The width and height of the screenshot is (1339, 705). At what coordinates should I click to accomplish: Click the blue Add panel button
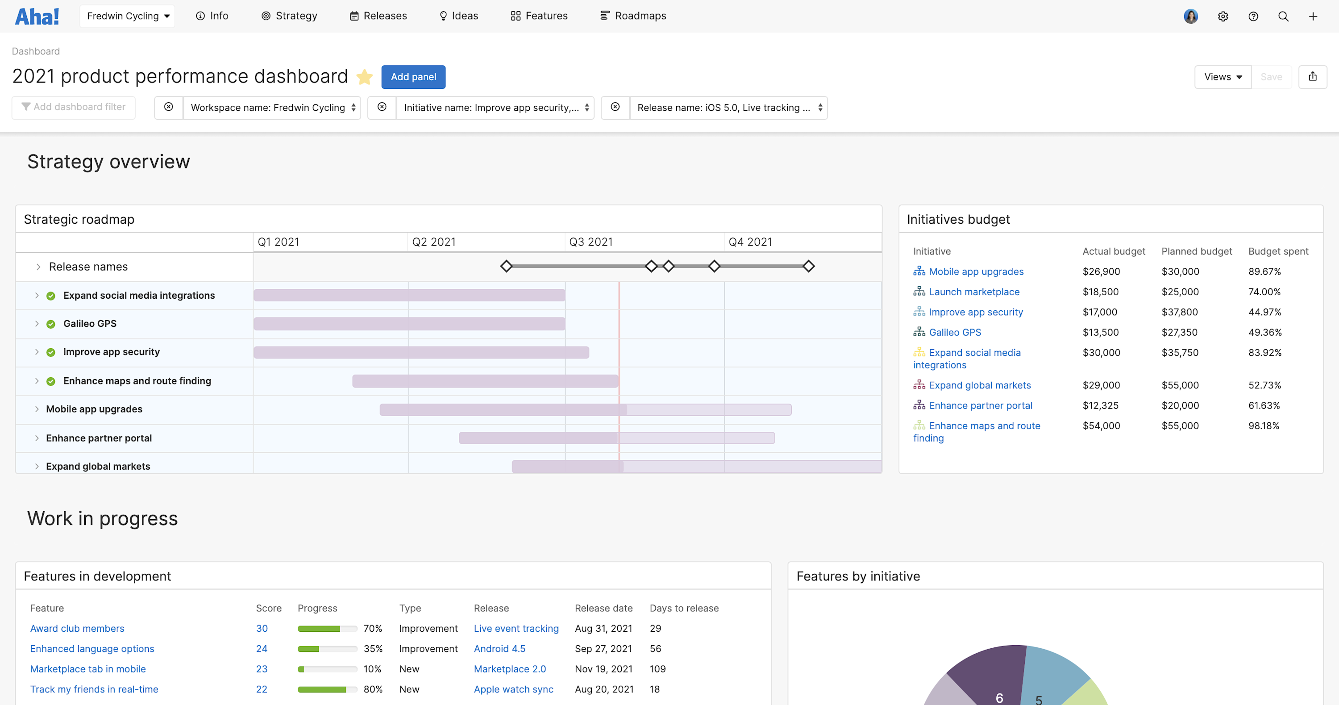413,77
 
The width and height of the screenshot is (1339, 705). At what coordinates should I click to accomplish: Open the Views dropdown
1222,77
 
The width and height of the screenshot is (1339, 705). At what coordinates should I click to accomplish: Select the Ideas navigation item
458,16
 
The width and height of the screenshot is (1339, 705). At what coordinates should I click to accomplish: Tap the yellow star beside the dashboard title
364,77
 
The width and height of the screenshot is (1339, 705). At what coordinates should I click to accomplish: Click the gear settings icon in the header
1223,17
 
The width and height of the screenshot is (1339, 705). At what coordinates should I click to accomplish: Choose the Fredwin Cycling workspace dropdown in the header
127,16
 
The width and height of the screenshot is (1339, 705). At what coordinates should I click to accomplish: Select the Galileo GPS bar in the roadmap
409,324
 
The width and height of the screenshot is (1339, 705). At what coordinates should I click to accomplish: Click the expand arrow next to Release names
38,267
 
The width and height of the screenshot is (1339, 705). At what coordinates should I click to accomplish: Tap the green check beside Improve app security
51,353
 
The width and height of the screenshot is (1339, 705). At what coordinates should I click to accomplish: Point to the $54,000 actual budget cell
1101,426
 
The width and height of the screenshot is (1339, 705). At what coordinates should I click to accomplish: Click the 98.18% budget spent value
1263,426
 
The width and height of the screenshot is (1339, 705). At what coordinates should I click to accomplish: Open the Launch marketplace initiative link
973,292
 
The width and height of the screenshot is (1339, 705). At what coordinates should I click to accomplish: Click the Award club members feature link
77,629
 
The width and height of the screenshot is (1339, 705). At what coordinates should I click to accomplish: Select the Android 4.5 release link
499,649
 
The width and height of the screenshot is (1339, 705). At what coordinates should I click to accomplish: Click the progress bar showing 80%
327,689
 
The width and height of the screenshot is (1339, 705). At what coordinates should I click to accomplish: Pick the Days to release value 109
657,669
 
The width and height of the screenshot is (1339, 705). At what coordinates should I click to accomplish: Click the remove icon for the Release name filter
615,107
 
